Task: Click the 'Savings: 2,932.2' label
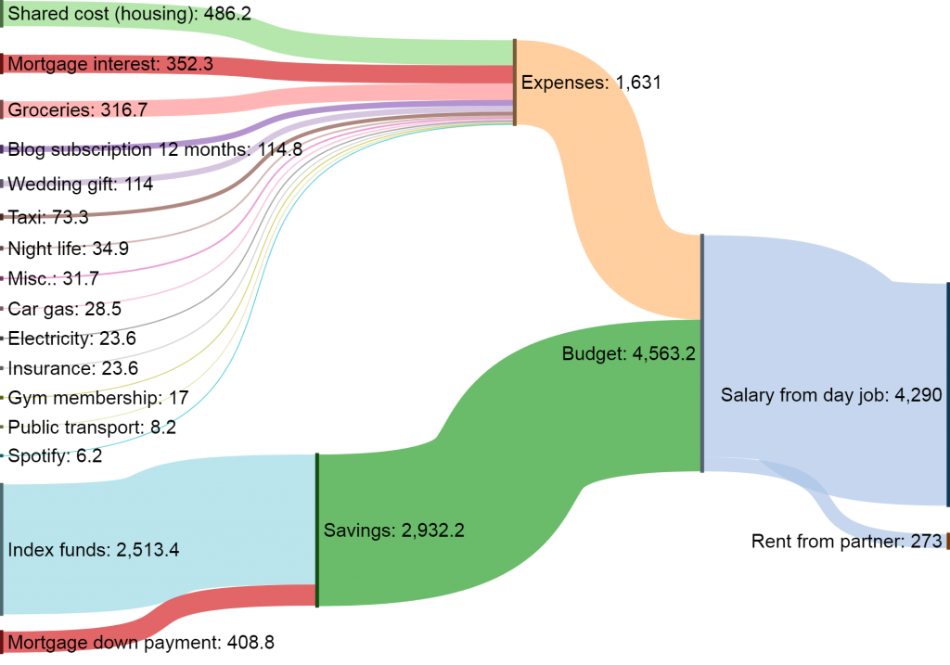point(393,531)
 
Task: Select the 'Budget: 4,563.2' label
point(628,353)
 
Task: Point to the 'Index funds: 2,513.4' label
point(93,550)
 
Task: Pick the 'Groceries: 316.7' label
point(77,109)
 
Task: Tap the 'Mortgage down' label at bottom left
point(74,643)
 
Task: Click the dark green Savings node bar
point(317,531)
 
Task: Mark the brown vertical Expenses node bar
point(515,83)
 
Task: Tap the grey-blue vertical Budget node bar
point(702,353)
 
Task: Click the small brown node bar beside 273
point(946,542)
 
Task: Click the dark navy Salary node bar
point(947,395)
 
